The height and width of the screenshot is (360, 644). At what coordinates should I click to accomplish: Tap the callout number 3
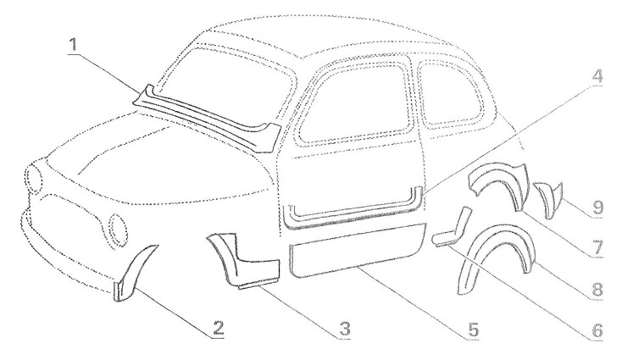pos(342,328)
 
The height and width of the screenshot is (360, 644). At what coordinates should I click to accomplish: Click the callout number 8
pos(597,289)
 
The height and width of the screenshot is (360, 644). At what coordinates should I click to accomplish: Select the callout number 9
pos(597,206)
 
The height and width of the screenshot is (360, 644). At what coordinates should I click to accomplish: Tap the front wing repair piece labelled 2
pos(131,271)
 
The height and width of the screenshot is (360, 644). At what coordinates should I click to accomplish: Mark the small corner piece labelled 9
pos(545,198)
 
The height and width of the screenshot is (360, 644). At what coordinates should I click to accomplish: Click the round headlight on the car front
pos(116,227)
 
